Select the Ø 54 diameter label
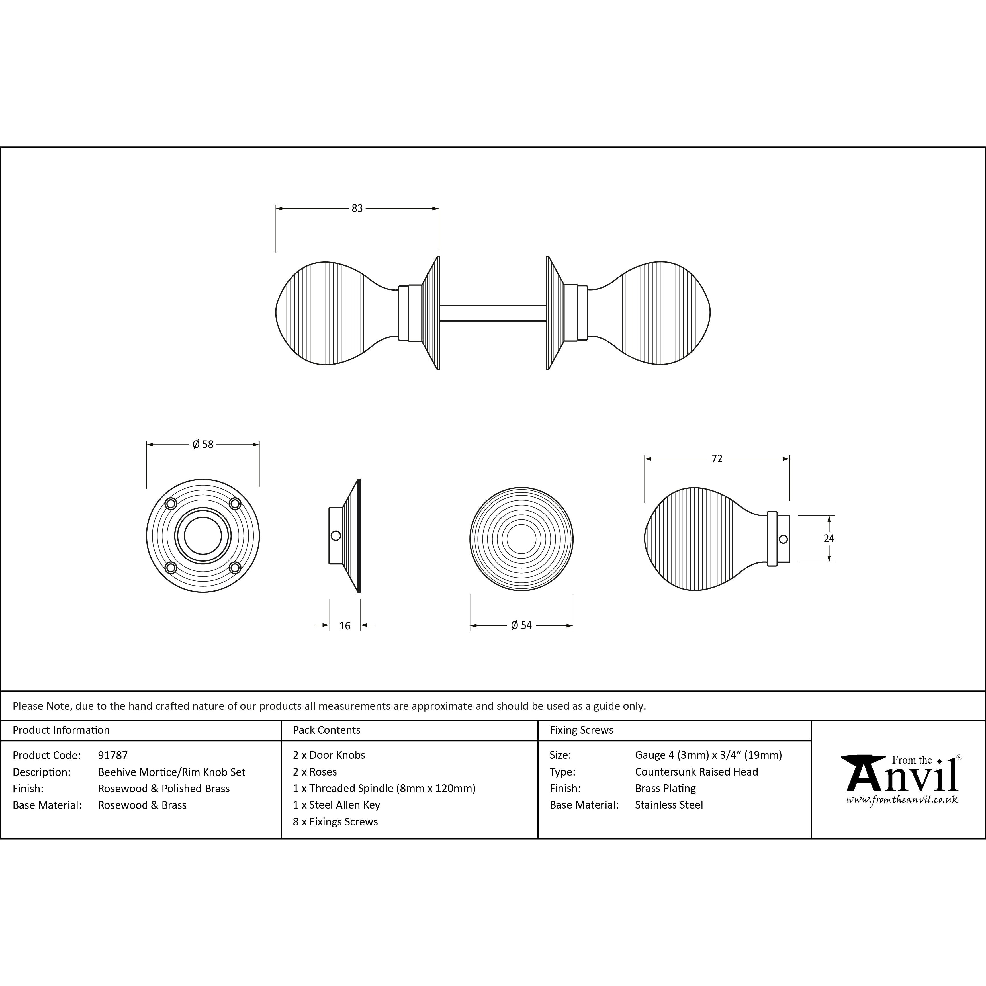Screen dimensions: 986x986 pyautogui.click(x=521, y=625)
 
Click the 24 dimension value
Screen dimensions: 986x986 pyautogui.click(x=829, y=538)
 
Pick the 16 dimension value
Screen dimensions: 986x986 pyautogui.click(x=345, y=626)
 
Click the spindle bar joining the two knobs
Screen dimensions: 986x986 pyautogui.click(x=493, y=313)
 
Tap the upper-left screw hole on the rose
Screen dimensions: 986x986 pyautogui.click(x=171, y=504)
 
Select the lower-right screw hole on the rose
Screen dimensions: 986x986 pyautogui.click(x=235, y=568)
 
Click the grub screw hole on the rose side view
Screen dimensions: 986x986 pyautogui.click(x=335, y=536)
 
